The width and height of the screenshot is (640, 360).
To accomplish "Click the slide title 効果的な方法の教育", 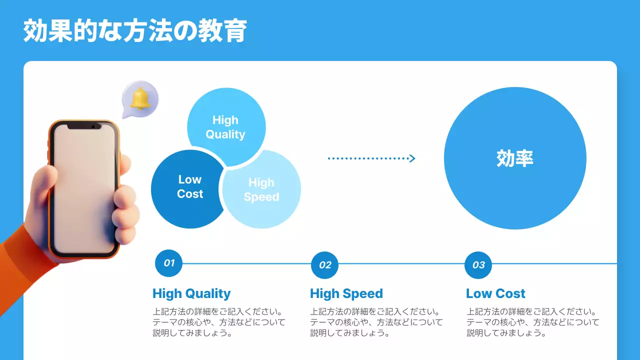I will pyautogui.click(x=135, y=31).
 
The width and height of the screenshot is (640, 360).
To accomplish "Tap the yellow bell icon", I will pyautogui.click(x=140, y=98).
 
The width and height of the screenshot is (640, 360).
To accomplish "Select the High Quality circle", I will pyautogui.click(x=225, y=127).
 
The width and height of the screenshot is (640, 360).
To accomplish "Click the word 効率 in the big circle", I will pyautogui.click(x=515, y=158).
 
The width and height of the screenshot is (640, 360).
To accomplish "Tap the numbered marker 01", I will pyautogui.click(x=169, y=263).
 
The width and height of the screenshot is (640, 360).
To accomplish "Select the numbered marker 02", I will pyautogui.click(x=325, y=265).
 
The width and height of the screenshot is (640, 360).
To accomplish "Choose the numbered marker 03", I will pyautogui.click(x=478, y=265).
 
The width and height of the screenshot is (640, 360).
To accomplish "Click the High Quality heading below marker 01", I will pyautogui.click(x=191, y=293).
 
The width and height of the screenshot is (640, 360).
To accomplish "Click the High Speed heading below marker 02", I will pyautogui.click(x=346, y=293).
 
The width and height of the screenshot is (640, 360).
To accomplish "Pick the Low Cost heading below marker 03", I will pyautogui.click(x=495, y=293).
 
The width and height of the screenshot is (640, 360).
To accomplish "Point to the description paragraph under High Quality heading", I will pyautogui.click(x=218, y=322).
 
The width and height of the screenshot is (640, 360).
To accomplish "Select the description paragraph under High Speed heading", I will pyautogui.click(x=376, y=322).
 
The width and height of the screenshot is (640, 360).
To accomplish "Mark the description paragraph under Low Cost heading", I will pyautogui.click(x=532, y=322).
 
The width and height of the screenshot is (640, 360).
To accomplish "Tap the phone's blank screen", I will pyautogui.click(x=84, y=190).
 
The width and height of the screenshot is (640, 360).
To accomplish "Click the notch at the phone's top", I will pyautogui.click(x=84, y=126).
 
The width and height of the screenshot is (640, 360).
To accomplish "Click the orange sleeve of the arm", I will pyautogui.click(x=17, y=270).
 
